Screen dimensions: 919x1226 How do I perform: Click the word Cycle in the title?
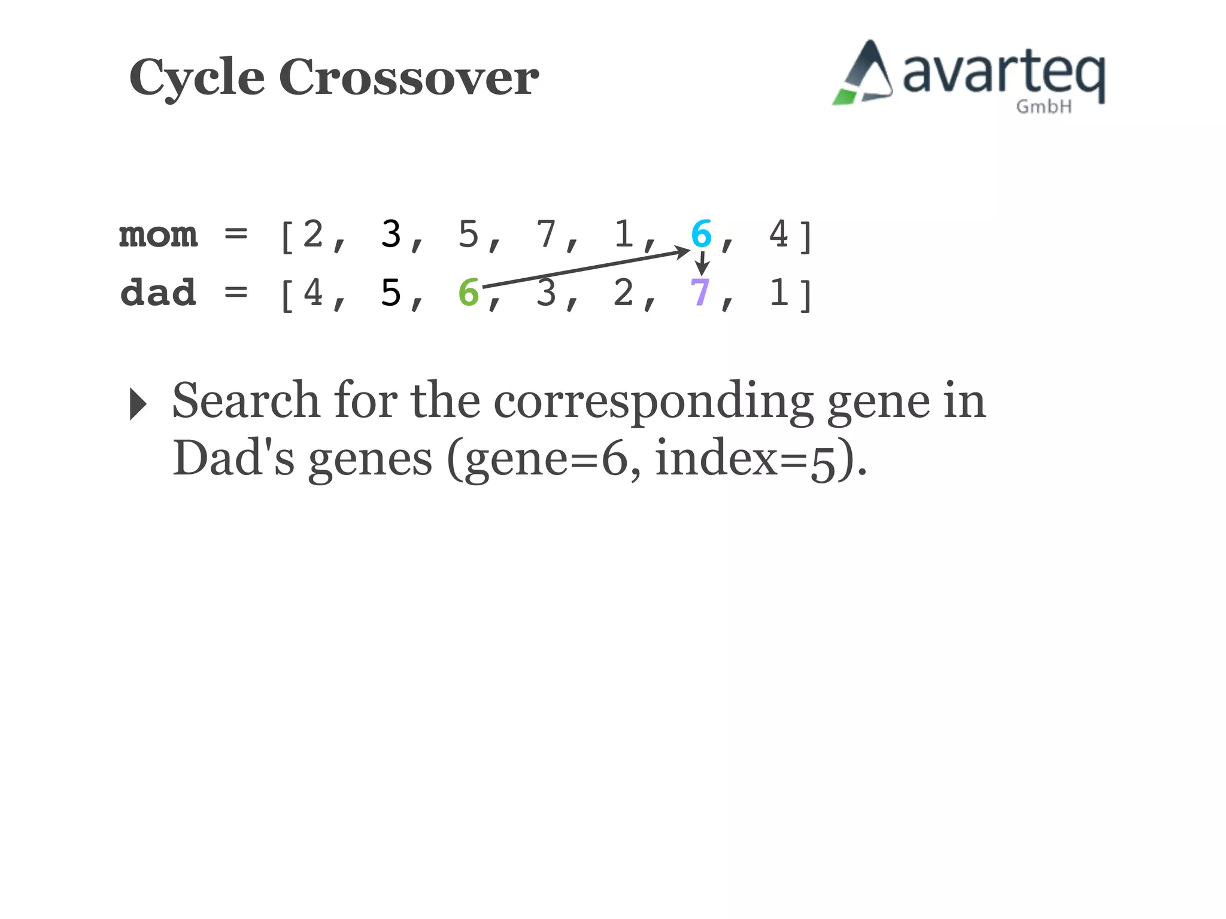coord(197,78)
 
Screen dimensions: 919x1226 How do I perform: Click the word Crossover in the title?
coord(409,78)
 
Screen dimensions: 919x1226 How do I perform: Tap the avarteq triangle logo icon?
coord(863,74)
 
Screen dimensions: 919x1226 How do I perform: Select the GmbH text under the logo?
coord(1043,107)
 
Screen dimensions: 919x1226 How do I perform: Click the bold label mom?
coord(158,235)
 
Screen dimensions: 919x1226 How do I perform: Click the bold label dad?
coord(158,293)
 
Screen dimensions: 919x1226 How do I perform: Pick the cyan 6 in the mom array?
coord(701,233)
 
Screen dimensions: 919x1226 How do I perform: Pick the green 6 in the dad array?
coord(469,293)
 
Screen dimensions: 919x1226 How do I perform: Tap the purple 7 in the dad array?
coord(700,293)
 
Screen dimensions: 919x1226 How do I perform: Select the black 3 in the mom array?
coord(391,234)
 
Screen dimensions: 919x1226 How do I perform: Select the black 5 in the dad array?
coord(391,293)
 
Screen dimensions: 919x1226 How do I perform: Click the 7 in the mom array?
coord(546,234)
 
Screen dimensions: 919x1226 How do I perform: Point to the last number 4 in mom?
coord(778,234)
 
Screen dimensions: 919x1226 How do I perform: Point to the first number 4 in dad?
coord(313,293)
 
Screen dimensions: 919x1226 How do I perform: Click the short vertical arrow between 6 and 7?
coord(702,263)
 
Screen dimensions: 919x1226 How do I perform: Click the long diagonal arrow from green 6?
coord(587,269)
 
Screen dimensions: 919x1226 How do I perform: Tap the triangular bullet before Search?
coord(138,404)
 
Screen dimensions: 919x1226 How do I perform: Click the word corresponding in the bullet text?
coord(653,401)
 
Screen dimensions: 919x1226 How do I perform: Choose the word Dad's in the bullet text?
coord(233,459)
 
